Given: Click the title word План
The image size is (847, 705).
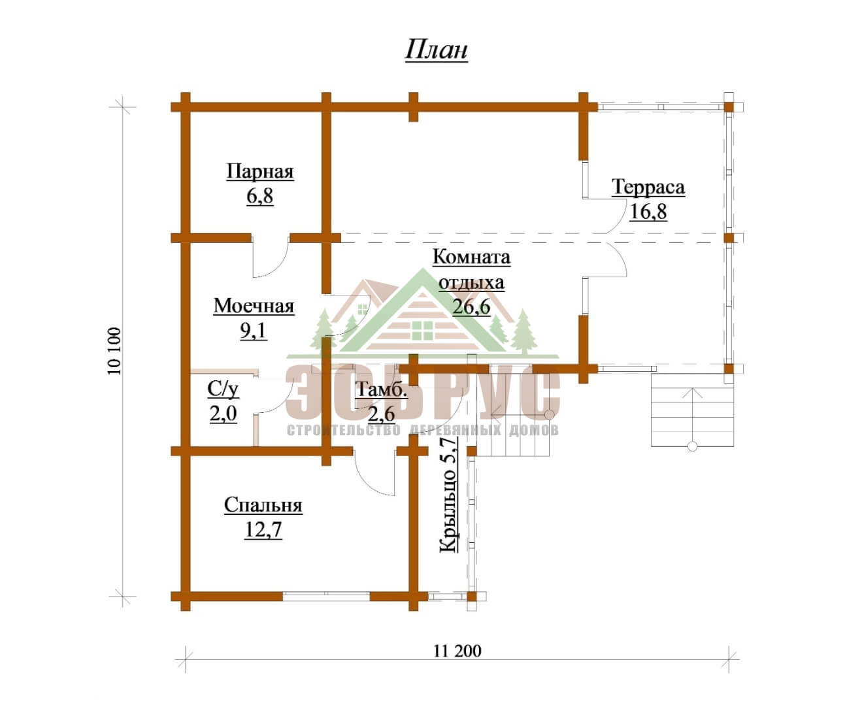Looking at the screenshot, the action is pos(437,50).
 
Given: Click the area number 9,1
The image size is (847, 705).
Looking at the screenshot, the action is pos(254,331).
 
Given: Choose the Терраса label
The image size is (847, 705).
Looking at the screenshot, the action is pos(648,187).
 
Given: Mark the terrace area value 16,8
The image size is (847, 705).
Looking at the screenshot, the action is pos(648,211).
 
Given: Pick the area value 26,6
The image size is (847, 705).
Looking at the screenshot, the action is pos(471,306).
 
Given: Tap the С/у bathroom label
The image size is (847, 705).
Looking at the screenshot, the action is pos(223,389).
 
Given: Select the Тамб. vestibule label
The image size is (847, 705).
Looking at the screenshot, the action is pos(381,389).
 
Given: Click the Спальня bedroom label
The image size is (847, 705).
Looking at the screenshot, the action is pos(263,505).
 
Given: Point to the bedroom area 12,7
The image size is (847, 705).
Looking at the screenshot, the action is pos(263,529).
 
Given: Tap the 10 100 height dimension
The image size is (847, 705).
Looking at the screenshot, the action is pos(115,351).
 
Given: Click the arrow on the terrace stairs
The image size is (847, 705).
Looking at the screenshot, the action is pos(693,416).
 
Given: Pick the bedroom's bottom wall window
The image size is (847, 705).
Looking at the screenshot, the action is pos(326,596).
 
